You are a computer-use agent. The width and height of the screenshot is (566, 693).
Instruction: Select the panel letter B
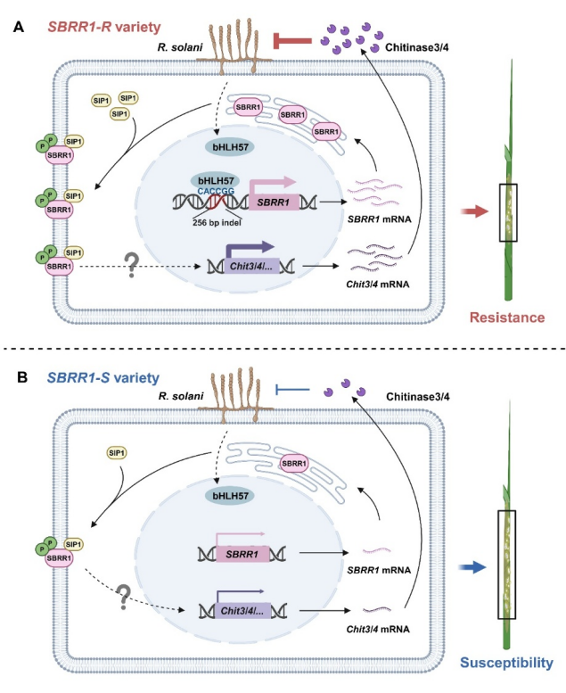pyautogui.click(x=19, y=377)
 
